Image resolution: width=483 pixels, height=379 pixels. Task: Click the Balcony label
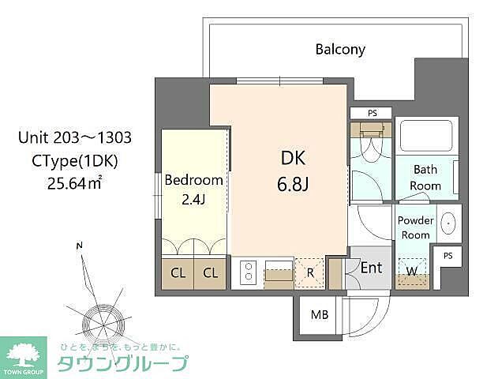pos(340,49)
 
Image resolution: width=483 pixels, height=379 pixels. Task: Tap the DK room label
pos(292,158)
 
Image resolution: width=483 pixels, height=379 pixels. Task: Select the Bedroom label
pos(193,180)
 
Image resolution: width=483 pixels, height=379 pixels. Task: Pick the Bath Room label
pos(425,177)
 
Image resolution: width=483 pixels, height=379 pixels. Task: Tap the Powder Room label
pos(415,227)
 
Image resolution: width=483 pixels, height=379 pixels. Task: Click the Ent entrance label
pos(371,268)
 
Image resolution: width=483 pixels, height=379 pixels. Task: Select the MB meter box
pos(319,315)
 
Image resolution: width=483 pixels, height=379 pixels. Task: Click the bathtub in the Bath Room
pos(426,137)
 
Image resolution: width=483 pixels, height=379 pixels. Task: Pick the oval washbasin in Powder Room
pos(448,223)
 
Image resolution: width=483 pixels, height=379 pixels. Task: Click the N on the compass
pos(79,246)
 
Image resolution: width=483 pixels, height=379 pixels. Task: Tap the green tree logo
pos(24,352)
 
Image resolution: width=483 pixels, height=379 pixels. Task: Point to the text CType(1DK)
pos(74,160)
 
